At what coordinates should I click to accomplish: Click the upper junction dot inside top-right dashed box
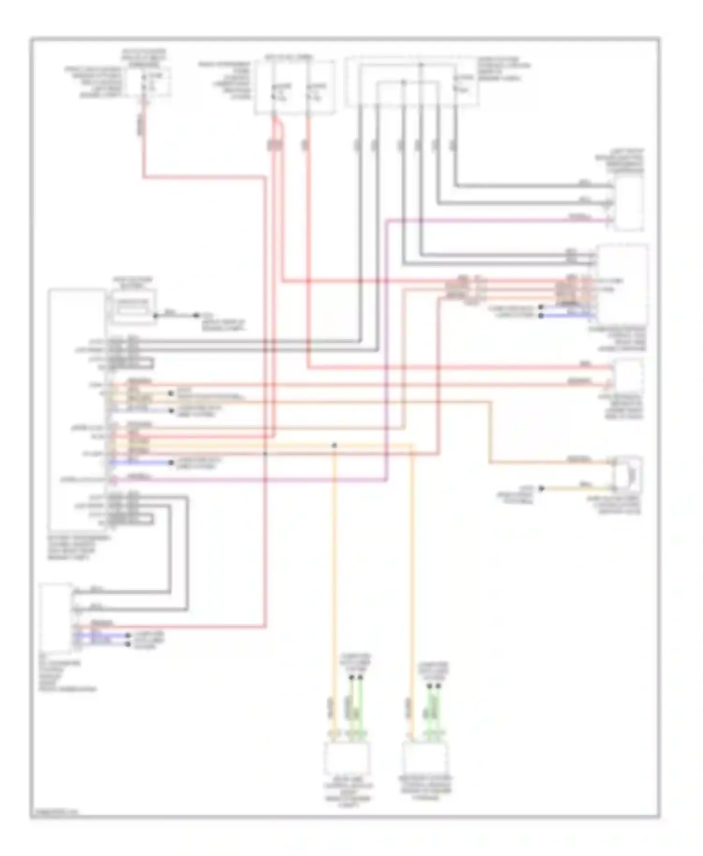(420, 65)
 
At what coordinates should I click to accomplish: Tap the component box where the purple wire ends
(628, 205)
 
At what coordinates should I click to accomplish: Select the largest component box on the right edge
(623, 285)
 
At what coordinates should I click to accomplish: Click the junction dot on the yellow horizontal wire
(334, 445)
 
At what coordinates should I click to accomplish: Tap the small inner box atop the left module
(133, 306)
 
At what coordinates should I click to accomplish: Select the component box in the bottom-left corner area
(56, 618)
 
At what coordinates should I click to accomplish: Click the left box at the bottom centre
(347, 758)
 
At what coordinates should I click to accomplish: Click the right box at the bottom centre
(425, 758)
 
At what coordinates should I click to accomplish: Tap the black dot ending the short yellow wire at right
(542, 488)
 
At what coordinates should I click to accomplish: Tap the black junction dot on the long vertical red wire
(265, 453)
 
